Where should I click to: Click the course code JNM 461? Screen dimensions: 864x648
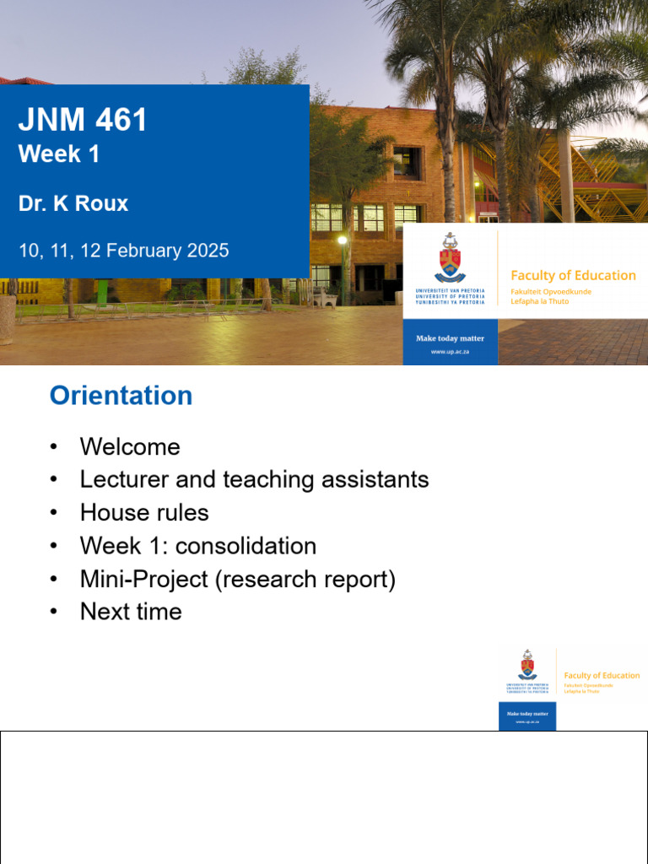(83, 120)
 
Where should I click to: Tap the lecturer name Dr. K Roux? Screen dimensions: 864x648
(73, 203)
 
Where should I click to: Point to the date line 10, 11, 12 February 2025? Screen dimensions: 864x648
(123, 251)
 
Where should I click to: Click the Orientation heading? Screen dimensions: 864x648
(121, 396)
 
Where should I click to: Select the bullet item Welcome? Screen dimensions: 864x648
(130, 446)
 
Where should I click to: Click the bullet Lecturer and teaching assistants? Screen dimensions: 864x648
(254, 479)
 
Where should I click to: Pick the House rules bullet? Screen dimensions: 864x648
(144, 512)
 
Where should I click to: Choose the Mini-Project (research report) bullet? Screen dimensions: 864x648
(237, 579)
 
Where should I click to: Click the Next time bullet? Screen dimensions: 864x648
(131, 612)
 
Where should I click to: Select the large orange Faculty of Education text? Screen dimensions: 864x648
(573, 275)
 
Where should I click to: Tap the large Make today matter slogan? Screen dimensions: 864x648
(450, 338)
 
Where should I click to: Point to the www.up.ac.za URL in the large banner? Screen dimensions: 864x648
(450, 351)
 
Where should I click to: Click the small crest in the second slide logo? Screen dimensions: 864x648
(527, 666)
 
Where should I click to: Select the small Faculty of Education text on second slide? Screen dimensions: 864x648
(602, 675)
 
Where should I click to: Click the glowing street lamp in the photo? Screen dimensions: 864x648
(343, 241)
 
